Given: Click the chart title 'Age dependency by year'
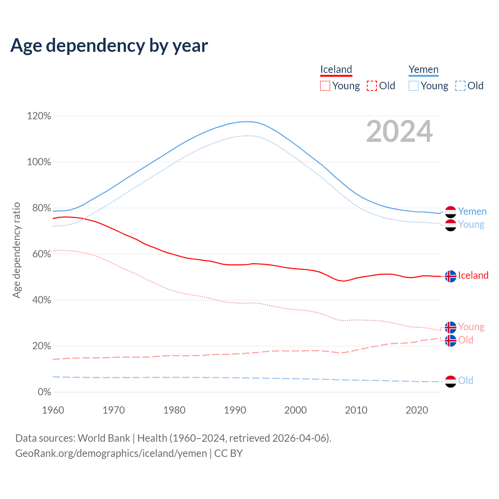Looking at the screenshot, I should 109,46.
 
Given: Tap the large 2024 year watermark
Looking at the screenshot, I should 399,131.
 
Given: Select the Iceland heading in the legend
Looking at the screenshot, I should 336,70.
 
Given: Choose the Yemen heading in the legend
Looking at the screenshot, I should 423,70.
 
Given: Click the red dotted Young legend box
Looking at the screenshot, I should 325,86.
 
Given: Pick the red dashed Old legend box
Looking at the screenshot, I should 372,86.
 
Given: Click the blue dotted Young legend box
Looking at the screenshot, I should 413,86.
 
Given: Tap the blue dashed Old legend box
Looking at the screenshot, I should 460,86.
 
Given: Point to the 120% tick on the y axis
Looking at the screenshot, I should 39,116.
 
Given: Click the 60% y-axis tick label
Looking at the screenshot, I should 39,254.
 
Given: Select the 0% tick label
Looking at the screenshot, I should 44,392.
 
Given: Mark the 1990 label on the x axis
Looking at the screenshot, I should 235,410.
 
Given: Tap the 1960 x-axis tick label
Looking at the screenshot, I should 53,410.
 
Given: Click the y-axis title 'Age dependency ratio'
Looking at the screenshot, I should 16,250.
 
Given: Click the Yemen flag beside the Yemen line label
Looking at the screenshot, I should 450,212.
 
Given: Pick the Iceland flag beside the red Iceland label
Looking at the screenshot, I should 450,276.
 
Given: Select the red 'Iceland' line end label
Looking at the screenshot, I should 473,276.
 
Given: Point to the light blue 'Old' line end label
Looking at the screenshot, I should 465,381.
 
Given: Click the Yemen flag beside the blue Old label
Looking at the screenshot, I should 450,381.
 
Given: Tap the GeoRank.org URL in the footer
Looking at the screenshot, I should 111,453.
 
